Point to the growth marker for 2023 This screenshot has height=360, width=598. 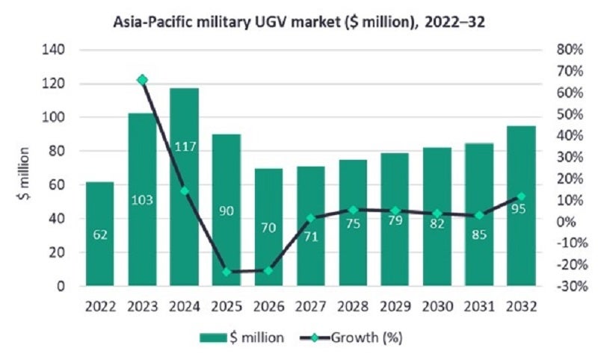tap(142, 80)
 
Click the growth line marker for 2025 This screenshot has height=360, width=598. tap(226, 272)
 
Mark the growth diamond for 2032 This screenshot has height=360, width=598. tap(521, 196)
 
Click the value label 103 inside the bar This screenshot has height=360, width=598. tap(142, 200)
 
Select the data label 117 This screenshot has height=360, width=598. tap(184, 147)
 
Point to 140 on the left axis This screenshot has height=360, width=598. tap(56, 50)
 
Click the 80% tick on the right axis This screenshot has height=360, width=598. tap(570, 50)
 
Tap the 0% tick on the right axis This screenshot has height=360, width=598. tap(567, 222)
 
